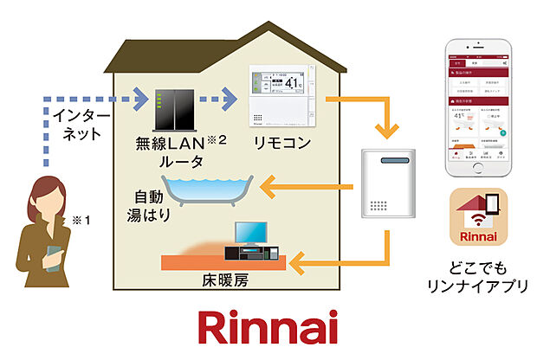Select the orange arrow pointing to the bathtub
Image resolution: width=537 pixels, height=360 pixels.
coord(305,184)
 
